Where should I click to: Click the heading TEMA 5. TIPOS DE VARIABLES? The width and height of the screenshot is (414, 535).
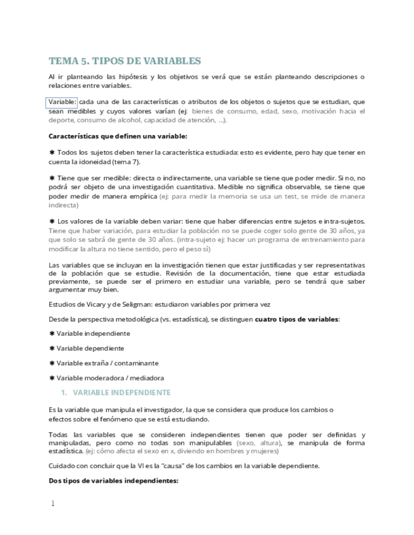pyautogui.click(x=125, y=61)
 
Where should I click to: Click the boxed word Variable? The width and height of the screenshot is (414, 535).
pyautogui.click(x=62, y=102)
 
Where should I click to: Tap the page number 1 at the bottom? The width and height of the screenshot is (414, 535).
pyautogui.click(x=52, y=503)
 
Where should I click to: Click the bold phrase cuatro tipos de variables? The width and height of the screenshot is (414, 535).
pyautogui.click(x=296, y=319)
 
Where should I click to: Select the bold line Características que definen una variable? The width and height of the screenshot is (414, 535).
pyautogui.click(x=118, y=136)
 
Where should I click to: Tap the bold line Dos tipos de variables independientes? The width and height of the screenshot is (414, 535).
pyautogui.click(x=114, y=481)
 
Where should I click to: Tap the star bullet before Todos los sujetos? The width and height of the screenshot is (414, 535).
pyautogui.click(x=52, y=153)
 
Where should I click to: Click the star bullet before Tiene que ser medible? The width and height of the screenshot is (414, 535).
pyautogui.click(x=52, y=179)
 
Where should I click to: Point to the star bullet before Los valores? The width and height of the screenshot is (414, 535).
pyautogui.click(x=52, y=221)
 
